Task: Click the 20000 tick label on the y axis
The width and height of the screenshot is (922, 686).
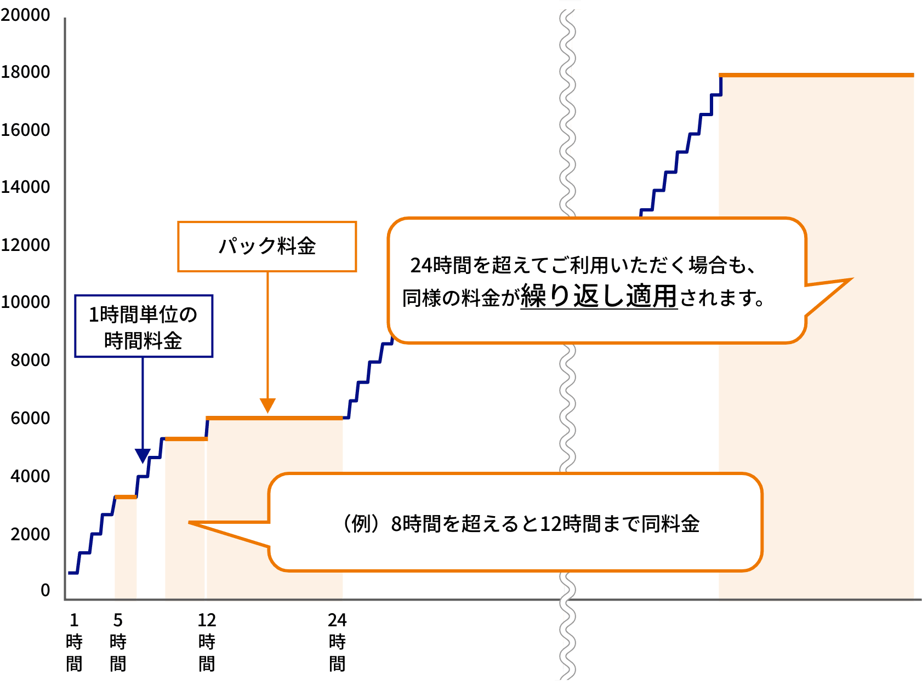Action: tap(25, 15)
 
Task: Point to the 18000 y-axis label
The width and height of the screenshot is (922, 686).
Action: tap(25, 72)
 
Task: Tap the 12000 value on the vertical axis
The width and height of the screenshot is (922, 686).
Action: tap(25, 245)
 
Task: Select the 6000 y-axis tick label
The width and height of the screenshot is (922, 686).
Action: tap(30, 419)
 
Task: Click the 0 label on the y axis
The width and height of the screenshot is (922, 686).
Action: tap(45, 590)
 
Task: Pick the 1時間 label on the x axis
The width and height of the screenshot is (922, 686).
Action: tap(74, 642)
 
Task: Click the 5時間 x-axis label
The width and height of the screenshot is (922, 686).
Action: tap(118, 642)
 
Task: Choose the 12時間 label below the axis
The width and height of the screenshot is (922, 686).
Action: tap(207, 642)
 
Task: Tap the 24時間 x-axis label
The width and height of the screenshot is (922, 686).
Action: tap(337, 642)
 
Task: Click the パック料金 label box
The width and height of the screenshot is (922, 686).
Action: tap(267, 247)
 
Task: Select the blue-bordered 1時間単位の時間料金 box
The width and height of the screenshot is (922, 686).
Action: tap(144, 327)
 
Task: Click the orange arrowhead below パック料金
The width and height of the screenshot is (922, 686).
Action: tap(268, 405)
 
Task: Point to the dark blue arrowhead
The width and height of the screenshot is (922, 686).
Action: tap(143, 455)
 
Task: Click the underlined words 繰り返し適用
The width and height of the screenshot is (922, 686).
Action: tap(599, 296)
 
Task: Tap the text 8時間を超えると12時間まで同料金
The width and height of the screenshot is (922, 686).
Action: tap(545, 524)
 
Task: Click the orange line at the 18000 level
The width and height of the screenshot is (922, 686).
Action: tap(816, 76)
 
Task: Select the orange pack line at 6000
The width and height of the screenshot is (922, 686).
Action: tap(275, 418)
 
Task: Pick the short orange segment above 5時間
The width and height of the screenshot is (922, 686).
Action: tap(126, 497)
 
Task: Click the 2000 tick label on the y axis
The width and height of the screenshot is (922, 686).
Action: tap(30, 534)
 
